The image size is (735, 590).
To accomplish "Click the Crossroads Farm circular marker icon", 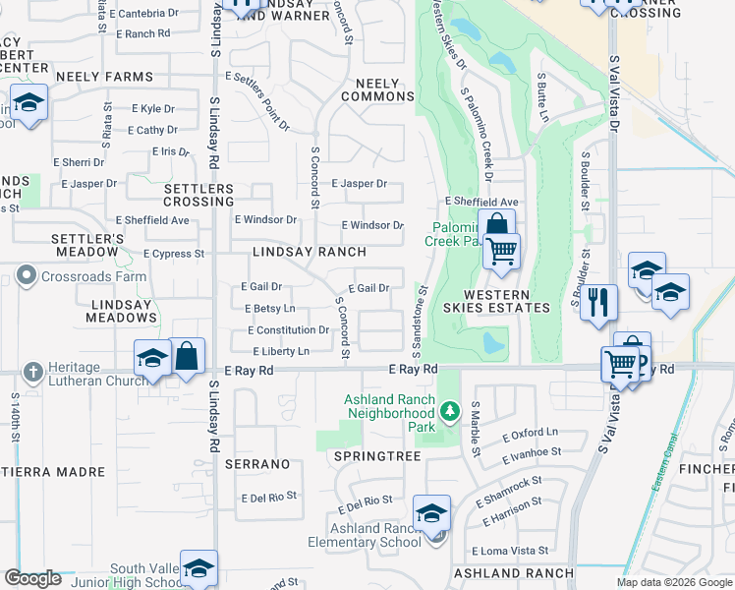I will [x=28, y=276].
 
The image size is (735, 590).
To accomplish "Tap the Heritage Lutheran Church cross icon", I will [x=32, y=371].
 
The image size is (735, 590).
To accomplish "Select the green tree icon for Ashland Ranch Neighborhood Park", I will [x=450, y=409].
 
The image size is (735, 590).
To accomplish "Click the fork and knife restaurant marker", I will [x=598, y=302].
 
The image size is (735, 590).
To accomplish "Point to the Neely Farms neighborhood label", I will [x=104, y=77].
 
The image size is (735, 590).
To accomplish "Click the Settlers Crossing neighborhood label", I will [x=198, y=195].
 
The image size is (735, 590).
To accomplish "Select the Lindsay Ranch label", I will [x=310, y=253].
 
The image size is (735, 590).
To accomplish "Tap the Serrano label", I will [x=256, y=463].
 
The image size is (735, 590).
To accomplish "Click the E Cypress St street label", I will [x=173, y=254].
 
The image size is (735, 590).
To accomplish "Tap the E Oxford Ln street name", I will [x=530, y=433].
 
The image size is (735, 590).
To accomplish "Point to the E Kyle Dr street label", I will [x=145, y=109].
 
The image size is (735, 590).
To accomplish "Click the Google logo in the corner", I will [x=32, y=578].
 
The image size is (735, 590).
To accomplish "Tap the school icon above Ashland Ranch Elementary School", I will [x=431, y=512].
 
